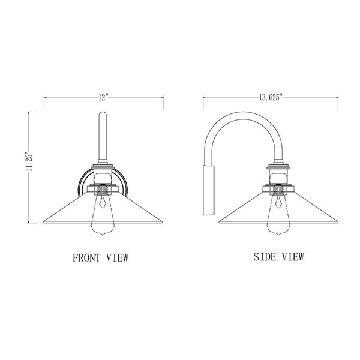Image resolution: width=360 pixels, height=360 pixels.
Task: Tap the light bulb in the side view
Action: (278, 216)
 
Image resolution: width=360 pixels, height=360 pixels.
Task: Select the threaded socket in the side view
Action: (278, 190)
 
